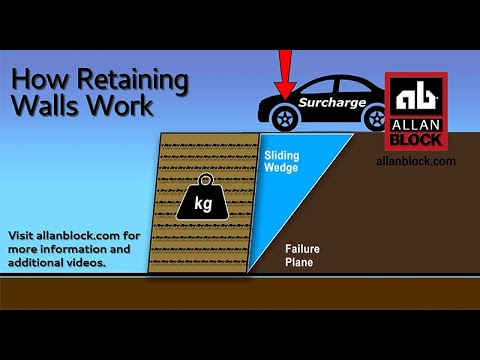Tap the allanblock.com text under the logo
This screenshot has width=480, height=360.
pyautogui.click(x=416, y=161)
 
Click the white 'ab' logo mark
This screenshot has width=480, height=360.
pyautogui.click(x=416, y=98)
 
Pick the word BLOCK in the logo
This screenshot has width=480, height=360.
pyautogui.click(x=416, y=138)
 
